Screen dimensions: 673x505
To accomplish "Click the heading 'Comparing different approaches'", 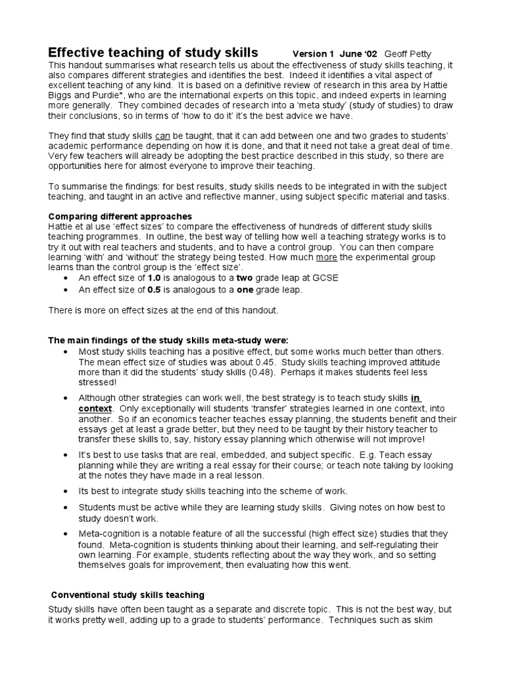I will [120, 216].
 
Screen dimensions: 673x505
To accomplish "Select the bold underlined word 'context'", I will [95, 408].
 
